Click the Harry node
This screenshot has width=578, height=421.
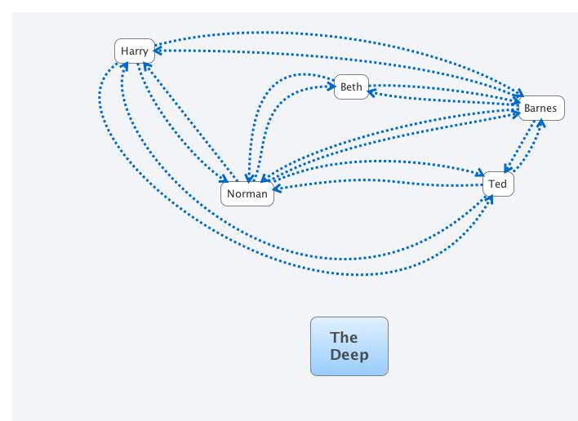(x=135, y=51)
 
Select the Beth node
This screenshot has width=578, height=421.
(x=351, y=86)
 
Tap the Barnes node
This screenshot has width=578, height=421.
(x=540, y=108)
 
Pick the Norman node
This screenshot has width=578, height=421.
(x=247, y=193)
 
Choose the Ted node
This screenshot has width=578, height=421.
(x=498, y=184)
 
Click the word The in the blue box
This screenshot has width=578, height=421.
(x=344, y=337)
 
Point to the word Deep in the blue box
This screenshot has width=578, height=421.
(x=349, y=354)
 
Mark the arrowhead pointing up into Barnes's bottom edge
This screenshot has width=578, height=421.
(x=540, y=124)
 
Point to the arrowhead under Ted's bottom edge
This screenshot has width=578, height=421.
(x=496, y=198)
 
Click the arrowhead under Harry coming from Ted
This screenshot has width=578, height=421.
(x=124, y=66)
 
